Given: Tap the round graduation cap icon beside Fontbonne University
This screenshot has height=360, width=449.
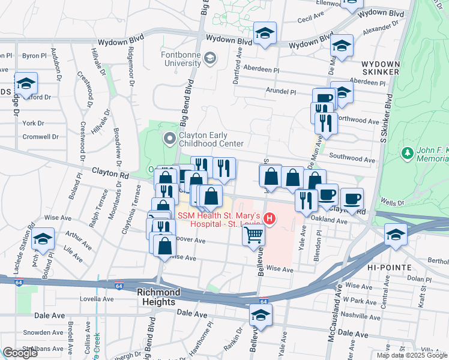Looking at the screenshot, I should click(209, 58).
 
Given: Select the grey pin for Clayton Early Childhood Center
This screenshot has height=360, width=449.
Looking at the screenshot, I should click(170, 139).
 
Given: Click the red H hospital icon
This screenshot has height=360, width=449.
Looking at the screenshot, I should click(270, 220).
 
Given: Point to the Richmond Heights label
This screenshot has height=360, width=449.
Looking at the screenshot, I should click(158, 297).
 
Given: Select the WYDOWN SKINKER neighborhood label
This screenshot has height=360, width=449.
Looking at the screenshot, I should click(380, 67).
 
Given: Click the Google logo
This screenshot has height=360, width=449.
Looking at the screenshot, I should click(20, 353).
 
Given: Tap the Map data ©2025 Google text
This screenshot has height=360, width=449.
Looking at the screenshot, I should click(411, 355).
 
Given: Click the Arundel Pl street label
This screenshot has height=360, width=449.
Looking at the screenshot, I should click(282, 92).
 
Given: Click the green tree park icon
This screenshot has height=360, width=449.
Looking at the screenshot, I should click(408, 153).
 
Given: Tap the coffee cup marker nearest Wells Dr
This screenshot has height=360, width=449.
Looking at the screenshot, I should click(352, 197).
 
